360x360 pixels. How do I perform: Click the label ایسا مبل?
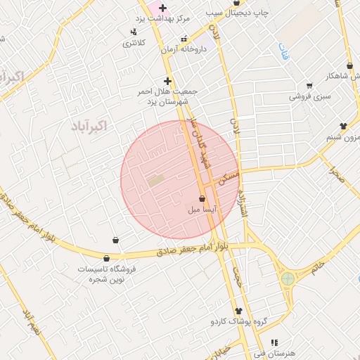click(x=202, y=209)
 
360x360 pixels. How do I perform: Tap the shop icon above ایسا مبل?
click(x=202, y=198)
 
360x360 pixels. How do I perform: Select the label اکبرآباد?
click(x=89, y=127)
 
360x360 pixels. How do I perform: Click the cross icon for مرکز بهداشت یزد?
click(x=163, y=8)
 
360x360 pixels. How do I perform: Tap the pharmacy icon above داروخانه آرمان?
click(x=184, y=39)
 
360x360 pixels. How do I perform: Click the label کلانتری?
click(x=134, y=43)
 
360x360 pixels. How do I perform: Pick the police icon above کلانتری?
click(x=134, y=32)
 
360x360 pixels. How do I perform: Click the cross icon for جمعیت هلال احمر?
click(x=167, y=81)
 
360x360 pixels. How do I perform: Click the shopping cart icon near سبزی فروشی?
click(x=309, y=86)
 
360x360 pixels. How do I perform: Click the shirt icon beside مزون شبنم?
click(x=342, y=126)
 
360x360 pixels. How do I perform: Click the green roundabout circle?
click(x=288, y=279)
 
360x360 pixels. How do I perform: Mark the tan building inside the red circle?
click(x=155, y=181)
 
